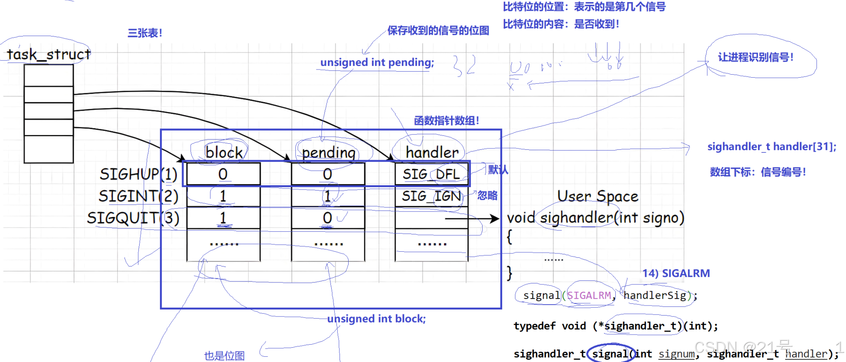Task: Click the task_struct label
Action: tap(49, 54)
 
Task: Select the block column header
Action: tap(224, 152)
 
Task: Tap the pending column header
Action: tap(329, 152)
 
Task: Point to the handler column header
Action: tap(432, 152)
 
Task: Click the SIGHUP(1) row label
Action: tap(138, 174)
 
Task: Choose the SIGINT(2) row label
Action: tap(138, 196)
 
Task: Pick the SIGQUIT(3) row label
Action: tap(133, 218)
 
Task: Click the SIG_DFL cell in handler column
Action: tap(431, 174)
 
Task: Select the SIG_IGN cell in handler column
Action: tap(431, 196)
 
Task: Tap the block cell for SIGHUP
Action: tap(223, 174)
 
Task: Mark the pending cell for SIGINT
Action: tap(328, 196)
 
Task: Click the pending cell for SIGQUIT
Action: tap(328, 218)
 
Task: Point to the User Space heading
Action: tap(598, 196)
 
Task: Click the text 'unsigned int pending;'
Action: tap(377, 63)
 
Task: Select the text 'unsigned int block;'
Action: tap(376, 319)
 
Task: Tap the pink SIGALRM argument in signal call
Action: tap(589, 296)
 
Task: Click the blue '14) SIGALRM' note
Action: tap(676, 273)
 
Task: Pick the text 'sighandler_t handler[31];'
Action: tap(772, 147)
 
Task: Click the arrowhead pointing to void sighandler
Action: tap(495, 218)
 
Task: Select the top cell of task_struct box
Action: tap(49, 76)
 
